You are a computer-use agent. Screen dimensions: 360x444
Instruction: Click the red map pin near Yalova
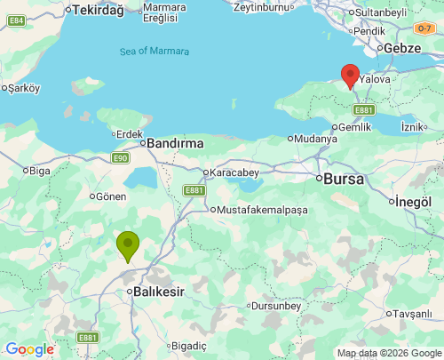click(350, 75)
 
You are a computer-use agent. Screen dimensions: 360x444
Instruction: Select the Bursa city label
click(344, 179)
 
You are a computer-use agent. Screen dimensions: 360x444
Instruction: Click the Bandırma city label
click(175, 142)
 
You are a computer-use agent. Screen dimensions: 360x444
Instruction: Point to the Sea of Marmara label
click(155, 52)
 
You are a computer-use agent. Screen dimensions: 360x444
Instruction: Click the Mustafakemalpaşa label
click(260, 210)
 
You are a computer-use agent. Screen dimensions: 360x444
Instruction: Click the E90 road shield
click(121, 158)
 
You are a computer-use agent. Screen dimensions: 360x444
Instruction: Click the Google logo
click(29, 349)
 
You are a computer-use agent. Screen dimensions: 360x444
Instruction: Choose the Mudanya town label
click(316, 139)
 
